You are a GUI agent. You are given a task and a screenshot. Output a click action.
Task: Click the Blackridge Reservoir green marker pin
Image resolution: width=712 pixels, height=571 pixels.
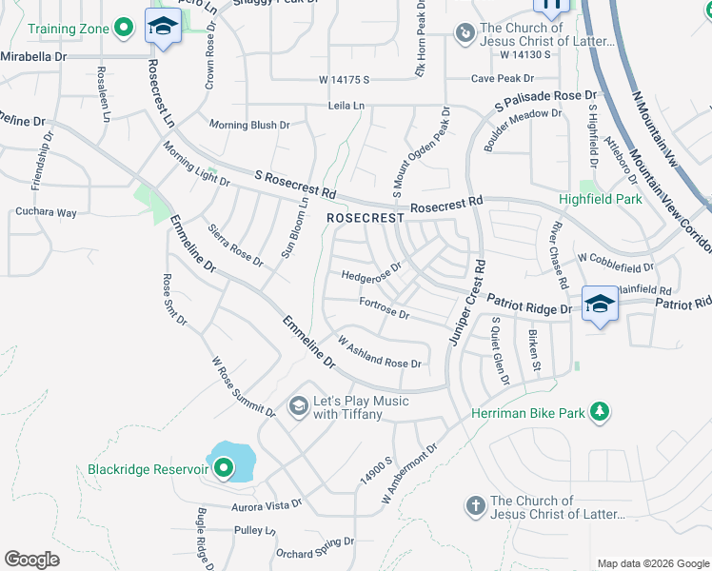coord(224,467)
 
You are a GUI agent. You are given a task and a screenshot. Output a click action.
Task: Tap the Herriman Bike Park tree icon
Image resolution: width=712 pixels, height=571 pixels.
coord(600,411)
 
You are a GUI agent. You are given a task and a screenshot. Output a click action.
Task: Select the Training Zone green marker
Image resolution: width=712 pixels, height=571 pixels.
coord(123,29)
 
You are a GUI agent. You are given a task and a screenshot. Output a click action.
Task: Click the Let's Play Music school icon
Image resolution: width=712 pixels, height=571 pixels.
coord(298,407)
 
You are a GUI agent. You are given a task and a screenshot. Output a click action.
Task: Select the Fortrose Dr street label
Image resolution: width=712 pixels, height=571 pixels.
coord(385,307)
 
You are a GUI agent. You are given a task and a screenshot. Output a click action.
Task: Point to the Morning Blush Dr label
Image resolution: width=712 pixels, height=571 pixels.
coord(249,125)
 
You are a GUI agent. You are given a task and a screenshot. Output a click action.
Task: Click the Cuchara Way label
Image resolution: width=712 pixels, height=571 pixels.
coord(46,212)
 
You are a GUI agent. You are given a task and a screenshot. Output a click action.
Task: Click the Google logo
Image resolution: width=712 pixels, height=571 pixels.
coord(31,560)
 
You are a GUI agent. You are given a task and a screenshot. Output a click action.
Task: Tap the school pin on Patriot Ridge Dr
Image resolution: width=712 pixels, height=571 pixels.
coord(600,305)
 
